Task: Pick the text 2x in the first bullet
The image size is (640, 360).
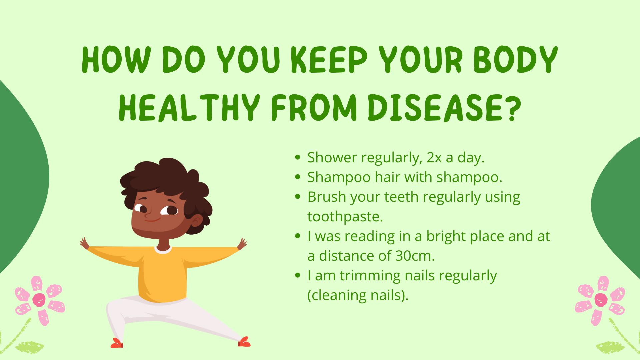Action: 434,158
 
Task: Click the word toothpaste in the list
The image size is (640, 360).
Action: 345,217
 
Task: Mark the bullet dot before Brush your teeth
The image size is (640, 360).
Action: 298,197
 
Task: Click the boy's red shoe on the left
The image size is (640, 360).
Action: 117,343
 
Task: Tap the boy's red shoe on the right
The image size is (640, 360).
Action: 244,342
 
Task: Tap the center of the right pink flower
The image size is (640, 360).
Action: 601,300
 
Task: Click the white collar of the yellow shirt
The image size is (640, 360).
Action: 163,250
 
